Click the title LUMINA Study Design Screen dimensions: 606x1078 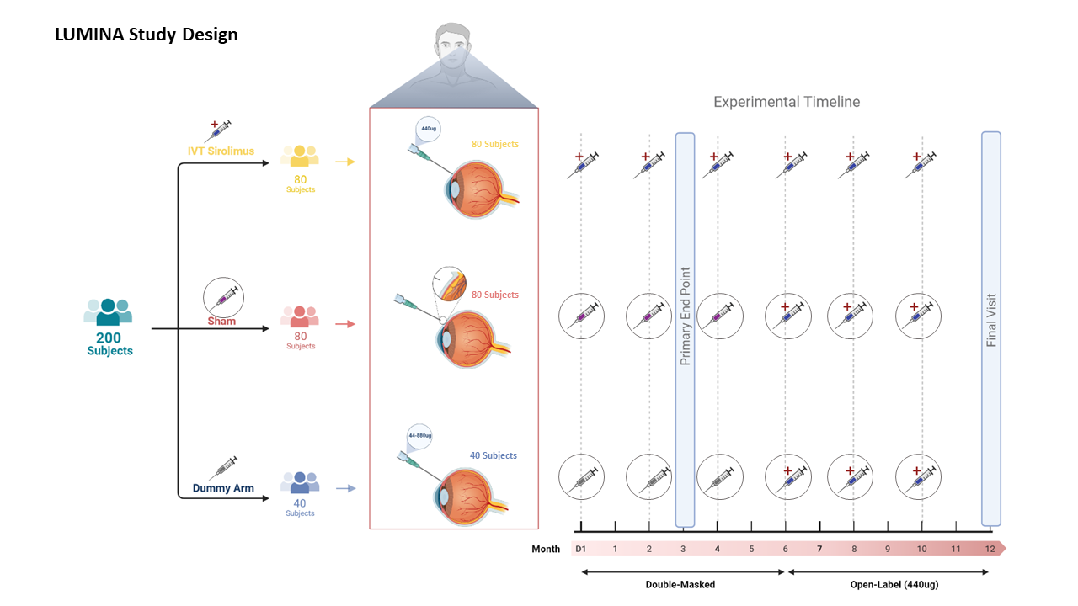point(147,35)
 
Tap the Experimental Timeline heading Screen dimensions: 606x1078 point(787,102)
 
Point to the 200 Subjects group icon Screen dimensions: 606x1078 point(108,311)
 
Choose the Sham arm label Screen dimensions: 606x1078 point(221,321)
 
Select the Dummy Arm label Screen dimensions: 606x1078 point(223,488)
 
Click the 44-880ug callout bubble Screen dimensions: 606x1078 point(419,436)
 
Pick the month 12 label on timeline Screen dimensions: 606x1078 point(990,549)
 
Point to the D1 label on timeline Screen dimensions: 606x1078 point(580,549)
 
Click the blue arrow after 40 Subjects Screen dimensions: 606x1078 point(345,488)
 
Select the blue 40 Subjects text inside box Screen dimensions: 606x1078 point(494,455)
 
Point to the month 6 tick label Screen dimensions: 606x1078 point(786,549)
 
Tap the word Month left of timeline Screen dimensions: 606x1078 point(546,549)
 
